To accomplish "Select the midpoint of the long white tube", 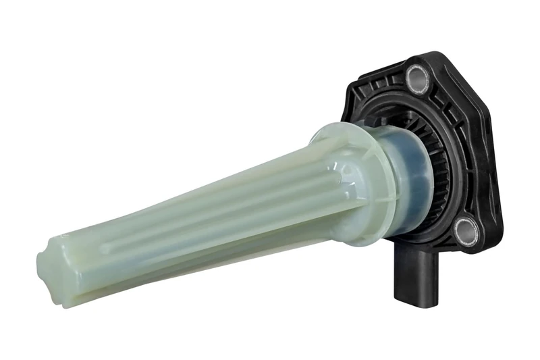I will click(196, 216).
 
